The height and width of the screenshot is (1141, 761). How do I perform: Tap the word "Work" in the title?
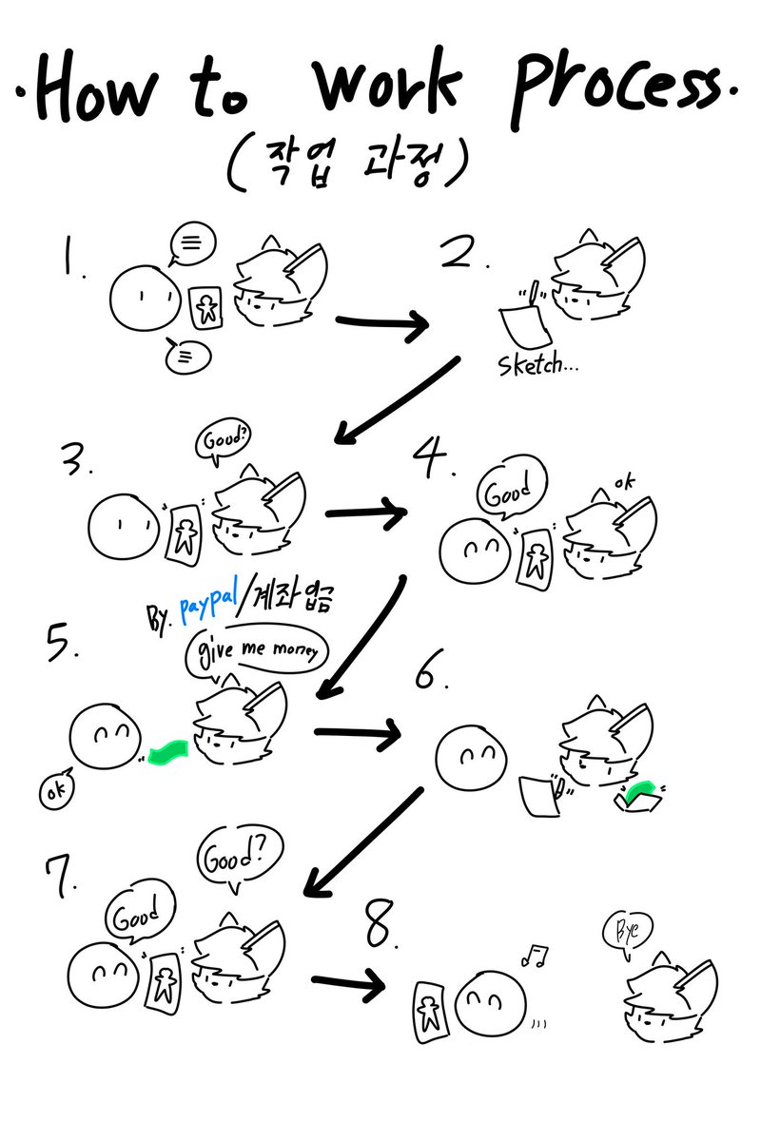pyautogui.click(x=387, y=83)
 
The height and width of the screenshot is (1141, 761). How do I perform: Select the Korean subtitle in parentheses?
pyautogui.click(x=347, y=163)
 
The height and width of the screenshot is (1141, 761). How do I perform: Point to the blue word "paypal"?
pyautogui.click(x=209, y=604)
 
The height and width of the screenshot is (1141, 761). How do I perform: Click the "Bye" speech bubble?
pyautogui.click(x=628, y=931)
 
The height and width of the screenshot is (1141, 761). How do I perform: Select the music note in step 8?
pyautogui.click(x=536, y=956)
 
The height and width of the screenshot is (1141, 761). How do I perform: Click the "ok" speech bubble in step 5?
pyautogui.click(x=56, y=788)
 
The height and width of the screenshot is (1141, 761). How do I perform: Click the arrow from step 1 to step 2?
pyautogui.click(x=382, y=324)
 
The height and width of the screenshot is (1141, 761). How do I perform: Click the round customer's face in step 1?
pyautogui.click(x=146, y=298)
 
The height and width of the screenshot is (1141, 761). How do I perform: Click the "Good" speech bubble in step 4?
pyautogui.click(x=511, y=488)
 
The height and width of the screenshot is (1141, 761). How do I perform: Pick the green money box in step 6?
pyautogui.click(x=639, y=795)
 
